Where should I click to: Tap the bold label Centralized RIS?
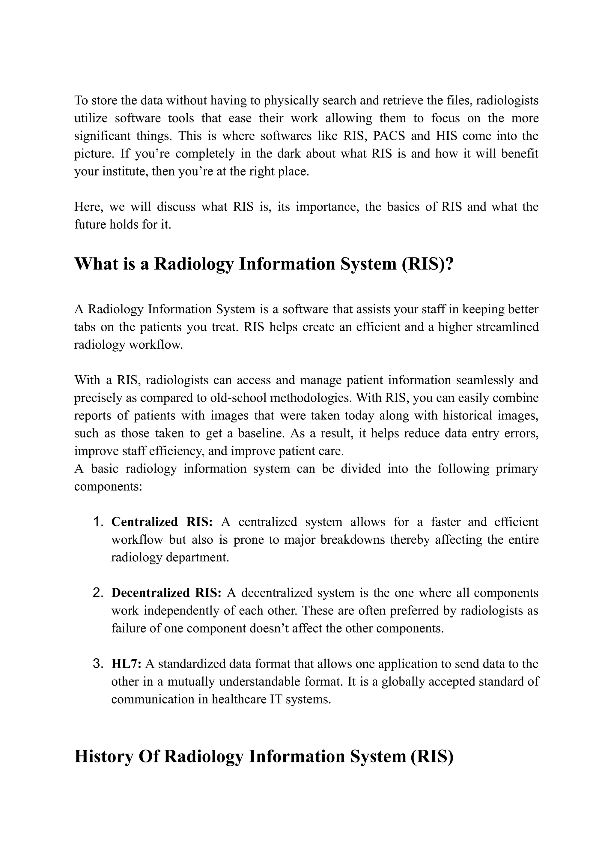click(x=162, y=522)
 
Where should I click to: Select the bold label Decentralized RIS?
click(x=166, y=593)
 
